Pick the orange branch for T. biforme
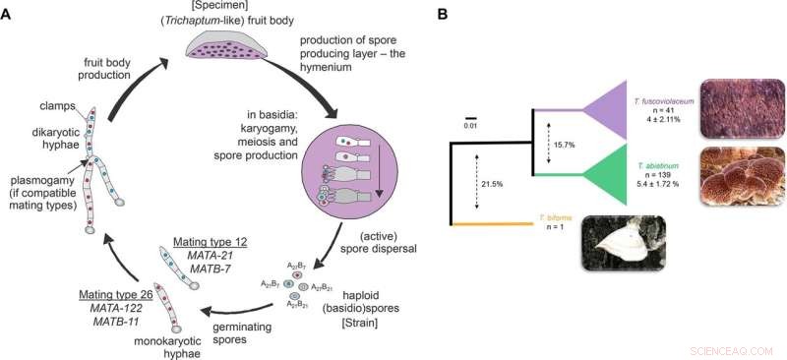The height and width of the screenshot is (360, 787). [492, 225]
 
